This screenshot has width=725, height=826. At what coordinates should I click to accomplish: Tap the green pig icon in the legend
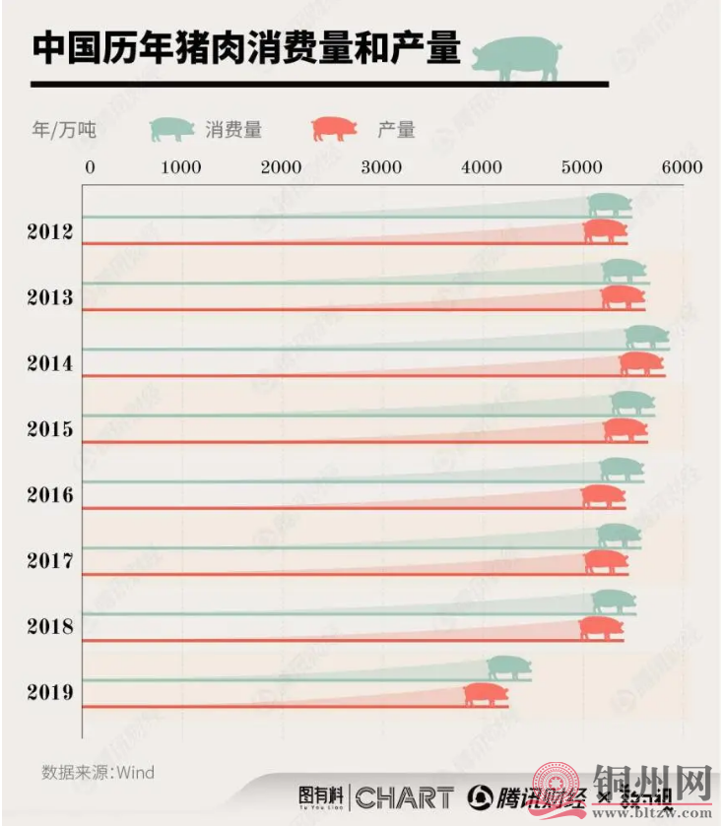pos(172,128)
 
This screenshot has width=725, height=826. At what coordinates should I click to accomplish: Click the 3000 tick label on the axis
pos(381,167)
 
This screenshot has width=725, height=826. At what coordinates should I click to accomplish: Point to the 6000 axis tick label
pos(682,167)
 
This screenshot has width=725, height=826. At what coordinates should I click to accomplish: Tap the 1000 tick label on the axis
pos(181,167)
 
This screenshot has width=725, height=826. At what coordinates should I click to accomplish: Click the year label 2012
pos(50,232)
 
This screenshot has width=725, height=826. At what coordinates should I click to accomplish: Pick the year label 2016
pos(50,494)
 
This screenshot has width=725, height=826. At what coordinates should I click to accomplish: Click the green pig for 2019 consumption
pos(508,668)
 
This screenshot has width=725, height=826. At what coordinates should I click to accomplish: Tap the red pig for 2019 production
pos(486,694)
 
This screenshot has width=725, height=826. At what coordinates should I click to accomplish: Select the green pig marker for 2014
pos(647,338)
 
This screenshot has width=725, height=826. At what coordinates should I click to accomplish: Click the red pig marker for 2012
pos(604,231)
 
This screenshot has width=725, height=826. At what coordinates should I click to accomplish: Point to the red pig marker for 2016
pos(603,496)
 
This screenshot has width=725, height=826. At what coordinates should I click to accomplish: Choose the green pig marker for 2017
pos(619,536)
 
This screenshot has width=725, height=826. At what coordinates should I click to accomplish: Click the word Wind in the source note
pos(136,772)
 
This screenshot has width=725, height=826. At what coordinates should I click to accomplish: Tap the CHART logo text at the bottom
pos(404,797)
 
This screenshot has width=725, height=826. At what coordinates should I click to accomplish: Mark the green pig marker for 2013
pos(624,271)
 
